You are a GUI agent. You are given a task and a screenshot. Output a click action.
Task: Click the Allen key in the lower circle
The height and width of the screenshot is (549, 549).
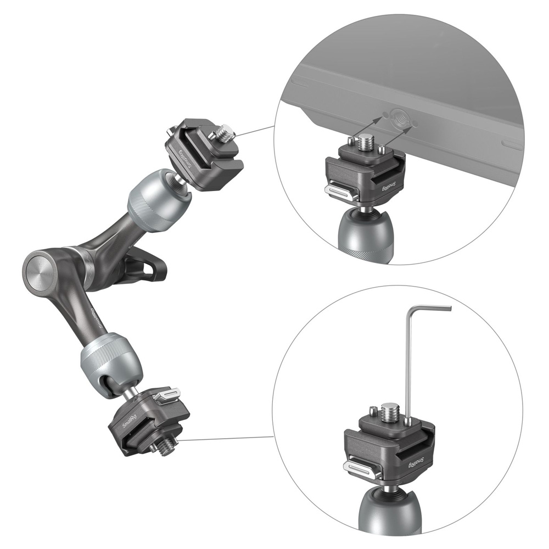click(408, 364)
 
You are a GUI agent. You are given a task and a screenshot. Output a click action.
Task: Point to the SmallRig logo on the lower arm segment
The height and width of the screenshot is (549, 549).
click(97, 319)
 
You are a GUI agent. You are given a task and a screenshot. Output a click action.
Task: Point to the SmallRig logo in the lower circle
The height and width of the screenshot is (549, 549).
click(416, 462)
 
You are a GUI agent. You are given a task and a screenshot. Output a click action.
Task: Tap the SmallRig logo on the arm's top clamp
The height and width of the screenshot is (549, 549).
click(185, 159)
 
